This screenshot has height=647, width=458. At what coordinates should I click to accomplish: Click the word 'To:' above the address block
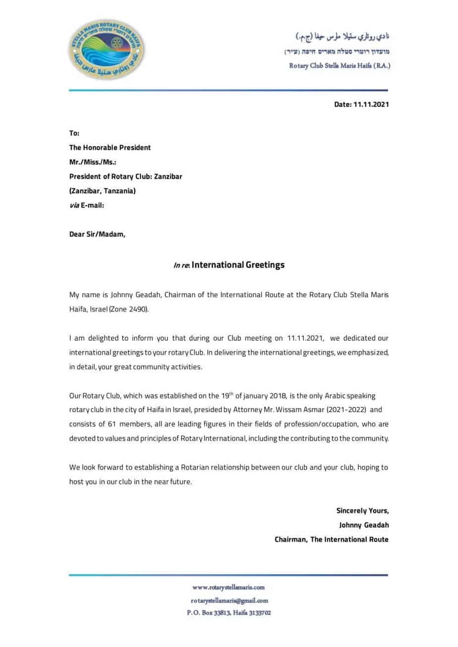(74, 133)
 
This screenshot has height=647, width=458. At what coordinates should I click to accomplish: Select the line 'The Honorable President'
(110, 148)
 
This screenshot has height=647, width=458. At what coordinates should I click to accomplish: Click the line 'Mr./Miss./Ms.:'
(93, 162)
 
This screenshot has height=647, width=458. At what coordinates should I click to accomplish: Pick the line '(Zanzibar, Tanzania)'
(102, 191)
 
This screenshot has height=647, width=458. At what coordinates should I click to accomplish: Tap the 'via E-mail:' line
(87, 206)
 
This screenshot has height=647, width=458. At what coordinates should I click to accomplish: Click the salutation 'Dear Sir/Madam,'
(97, 234)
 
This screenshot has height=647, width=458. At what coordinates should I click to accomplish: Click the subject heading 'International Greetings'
(238, 265)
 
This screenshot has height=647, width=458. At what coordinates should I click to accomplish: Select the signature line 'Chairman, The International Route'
(332, 539)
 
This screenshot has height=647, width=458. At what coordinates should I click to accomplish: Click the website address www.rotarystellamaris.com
(229, 588)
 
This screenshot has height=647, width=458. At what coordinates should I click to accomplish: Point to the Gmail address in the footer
(229, 600)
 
